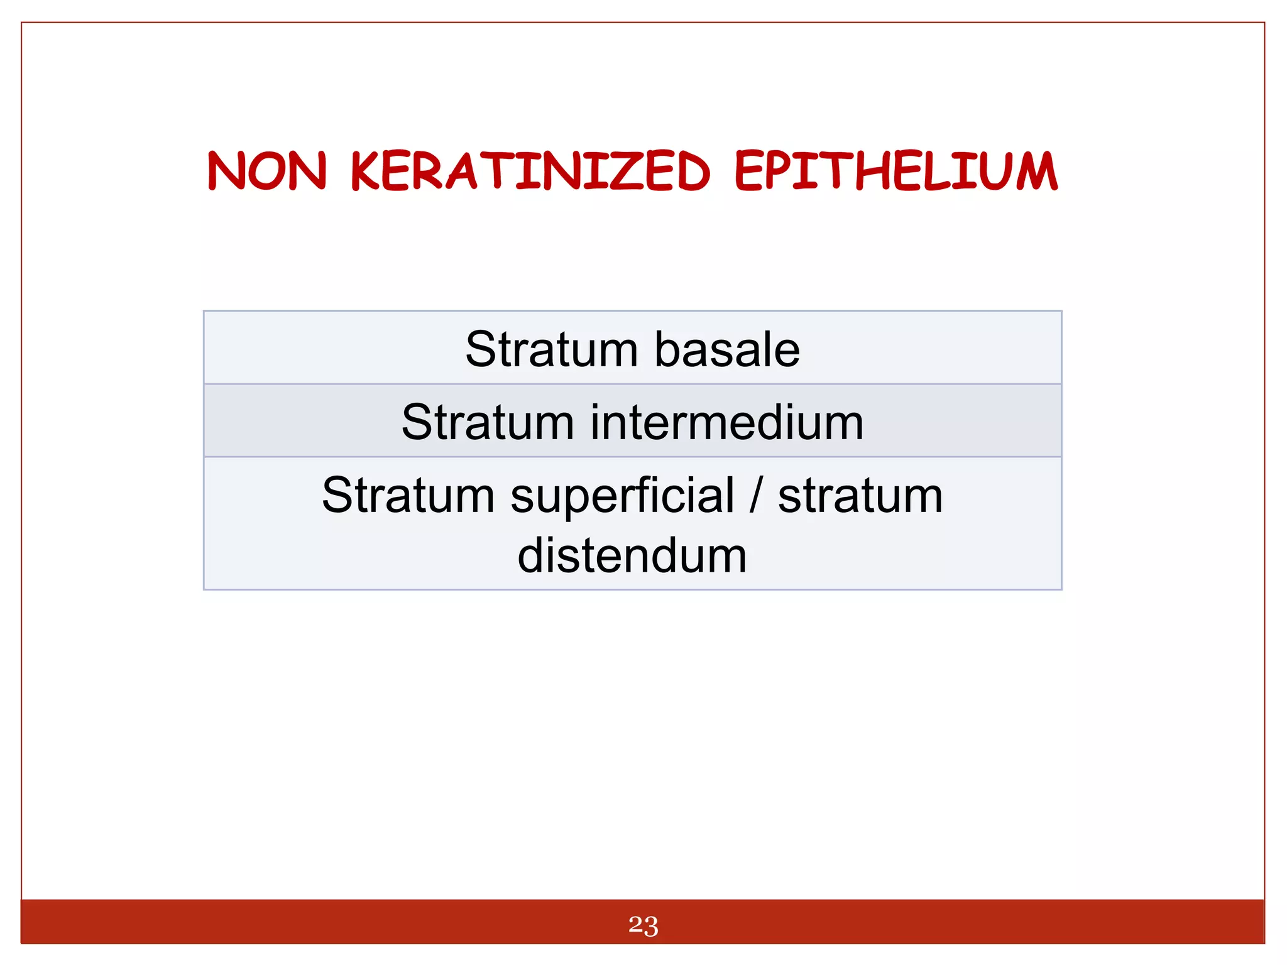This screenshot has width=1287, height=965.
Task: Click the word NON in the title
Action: click(x=268, y=171)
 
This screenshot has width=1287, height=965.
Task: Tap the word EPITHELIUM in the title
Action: click(x=896, y=171)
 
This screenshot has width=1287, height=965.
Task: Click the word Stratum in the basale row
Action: click(x=551, y=349)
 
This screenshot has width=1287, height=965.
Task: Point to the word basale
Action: click(x=727, y=349)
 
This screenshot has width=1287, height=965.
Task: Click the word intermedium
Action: click(x=727, y=422)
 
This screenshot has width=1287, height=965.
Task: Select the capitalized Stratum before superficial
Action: click(x=408, y=495)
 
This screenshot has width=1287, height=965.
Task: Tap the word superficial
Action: click(x=622, y=496)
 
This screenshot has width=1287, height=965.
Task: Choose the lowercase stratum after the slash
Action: click(x=860, y=496)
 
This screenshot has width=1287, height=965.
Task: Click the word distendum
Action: click(x=632, y=556)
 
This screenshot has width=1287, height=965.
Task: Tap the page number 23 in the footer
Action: click(x=643, y=925)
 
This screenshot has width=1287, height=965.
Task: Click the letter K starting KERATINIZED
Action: click(x=364, y=171)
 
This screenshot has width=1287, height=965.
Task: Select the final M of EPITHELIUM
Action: click(x=1037, y=171)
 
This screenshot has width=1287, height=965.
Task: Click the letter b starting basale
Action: click(x=668, y=349)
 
